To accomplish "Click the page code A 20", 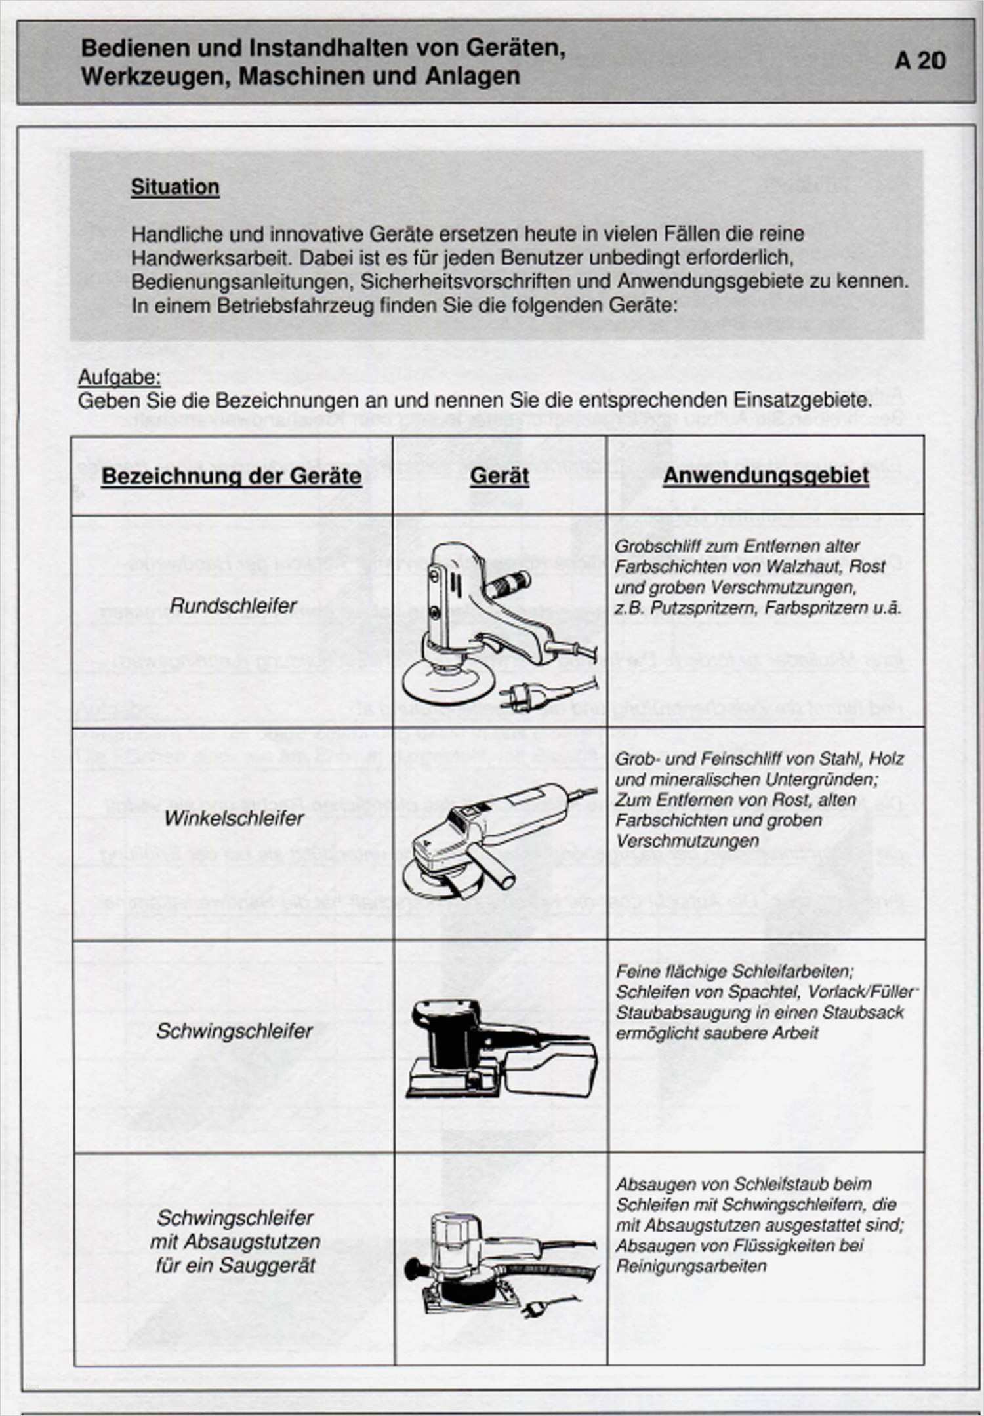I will pyautogui.click(x=920, y=61).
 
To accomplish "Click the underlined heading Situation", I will pyautogui.click(x=175, y=187).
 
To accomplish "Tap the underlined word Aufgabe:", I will pyautogui.click(x=119, y=378).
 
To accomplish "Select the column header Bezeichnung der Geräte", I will pyautogui.click(x=232, y=476).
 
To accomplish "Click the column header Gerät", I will pyautogui.click(x=499, y=476).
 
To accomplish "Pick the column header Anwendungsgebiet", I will pyautogui.click(x=766, y=475).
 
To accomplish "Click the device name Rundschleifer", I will pyautogui.click(x=233, y=605).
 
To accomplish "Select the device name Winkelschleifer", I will pyautogui.click(x=234, y=818).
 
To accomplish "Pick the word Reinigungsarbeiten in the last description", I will pyautogui.click(x=691, y=1266).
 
